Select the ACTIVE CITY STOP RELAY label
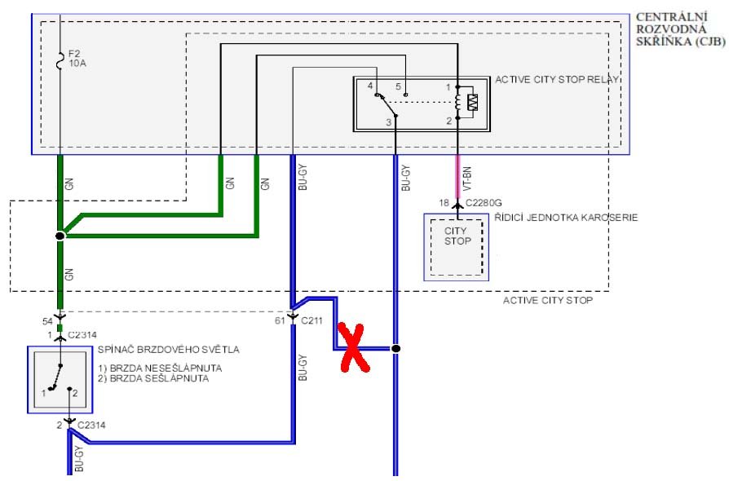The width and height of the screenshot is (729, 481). (557, 80)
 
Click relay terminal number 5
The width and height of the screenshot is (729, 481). (398, 86)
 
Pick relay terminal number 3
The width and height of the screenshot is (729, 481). (389, 122)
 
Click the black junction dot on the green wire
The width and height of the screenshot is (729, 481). (60, 236)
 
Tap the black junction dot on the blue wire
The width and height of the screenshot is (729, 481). (395, 349)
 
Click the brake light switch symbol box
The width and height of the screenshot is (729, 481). (59, 378)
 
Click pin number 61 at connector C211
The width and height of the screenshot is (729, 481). (280, 320)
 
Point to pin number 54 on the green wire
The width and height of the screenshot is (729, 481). (47, 321)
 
